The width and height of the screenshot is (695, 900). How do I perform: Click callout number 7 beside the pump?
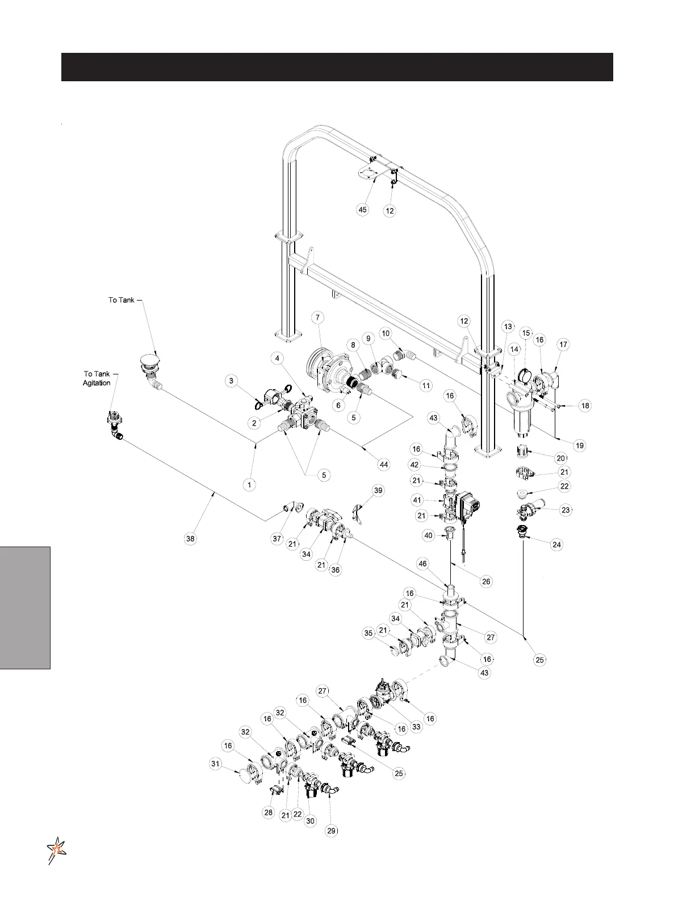point(318,318)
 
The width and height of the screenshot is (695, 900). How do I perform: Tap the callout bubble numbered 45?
point(362,210)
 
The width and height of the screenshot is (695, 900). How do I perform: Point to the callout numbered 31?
point(215,764)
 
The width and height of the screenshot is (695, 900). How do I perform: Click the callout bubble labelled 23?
point(566,510)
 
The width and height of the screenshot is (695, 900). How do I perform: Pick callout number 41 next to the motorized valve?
point(418,501)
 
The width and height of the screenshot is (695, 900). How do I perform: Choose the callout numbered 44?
point(384,465)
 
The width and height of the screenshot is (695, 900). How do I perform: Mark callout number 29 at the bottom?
point(332,831)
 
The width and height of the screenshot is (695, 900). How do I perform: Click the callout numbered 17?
point(563,344)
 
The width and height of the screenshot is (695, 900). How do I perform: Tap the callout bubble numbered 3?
point(231,380)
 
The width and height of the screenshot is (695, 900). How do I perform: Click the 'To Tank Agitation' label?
point(97,378)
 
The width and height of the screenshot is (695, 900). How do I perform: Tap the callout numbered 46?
point(422,564)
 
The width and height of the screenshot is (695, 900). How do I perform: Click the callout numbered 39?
point(378,490)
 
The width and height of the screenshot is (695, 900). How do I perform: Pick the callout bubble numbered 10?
point(386,333)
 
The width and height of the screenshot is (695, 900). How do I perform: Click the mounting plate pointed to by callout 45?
point(369,173)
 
